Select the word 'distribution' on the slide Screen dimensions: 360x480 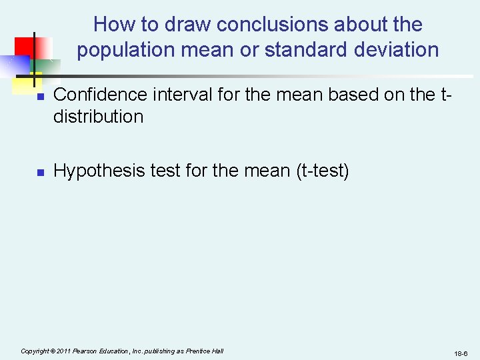click(98, 117)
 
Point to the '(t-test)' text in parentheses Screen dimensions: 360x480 click(322, 171)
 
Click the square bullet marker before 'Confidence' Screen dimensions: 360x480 click(39, 97)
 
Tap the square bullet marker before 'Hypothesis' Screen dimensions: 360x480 click(39, 173)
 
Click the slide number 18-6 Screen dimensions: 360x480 click(461, 353)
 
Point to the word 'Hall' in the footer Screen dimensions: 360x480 click(217, 351)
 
